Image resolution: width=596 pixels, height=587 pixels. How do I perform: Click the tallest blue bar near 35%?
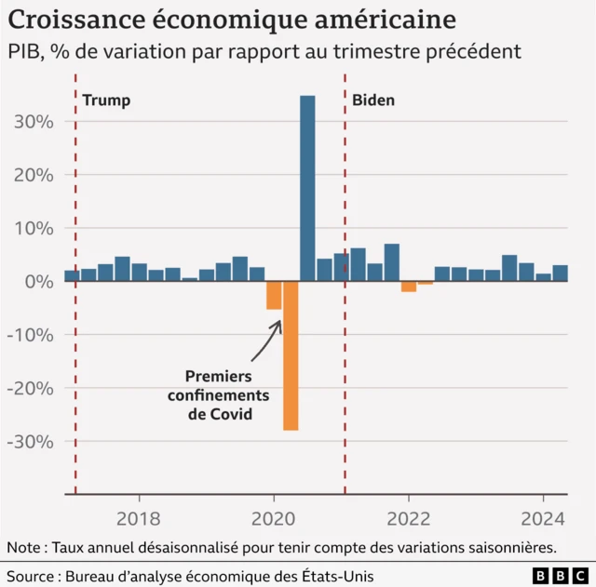[x=307, y=186]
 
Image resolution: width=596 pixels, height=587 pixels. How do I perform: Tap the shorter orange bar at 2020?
[x=274, y=295]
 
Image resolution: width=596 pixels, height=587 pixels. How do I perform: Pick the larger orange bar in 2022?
[x=409, y=287]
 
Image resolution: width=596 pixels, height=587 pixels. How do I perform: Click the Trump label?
[x=107, y=100]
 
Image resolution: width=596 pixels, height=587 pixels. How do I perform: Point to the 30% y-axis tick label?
[x=34, y=122]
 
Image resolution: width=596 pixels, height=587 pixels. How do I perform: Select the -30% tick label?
[x=32, y=442]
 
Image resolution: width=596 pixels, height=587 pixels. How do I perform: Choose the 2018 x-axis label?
[x=138, y=518]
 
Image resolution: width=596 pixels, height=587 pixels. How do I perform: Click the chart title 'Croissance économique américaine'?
[x=233, y=20]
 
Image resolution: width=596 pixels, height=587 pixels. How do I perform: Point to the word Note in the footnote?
[x=25, y=547]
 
